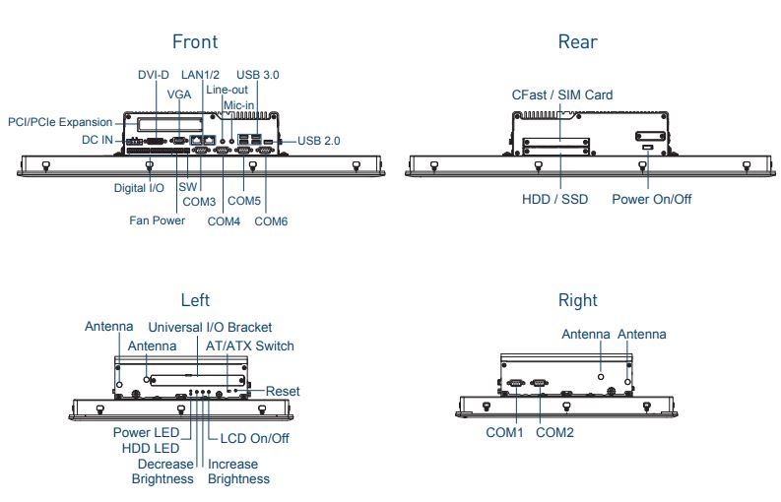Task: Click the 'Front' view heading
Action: [x=195, y=41]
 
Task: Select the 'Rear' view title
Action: [x=577, y=41]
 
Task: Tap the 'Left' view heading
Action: [x=195, y=300]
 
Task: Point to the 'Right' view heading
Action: [x=577, y=300]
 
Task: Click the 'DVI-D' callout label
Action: [x=153, y=75]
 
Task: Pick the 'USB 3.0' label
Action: [x=258, y=75]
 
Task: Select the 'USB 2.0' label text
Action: [x=318, y=141]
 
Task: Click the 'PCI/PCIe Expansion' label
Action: [x=60, y=122]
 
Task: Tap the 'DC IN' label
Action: [x=98, y=141]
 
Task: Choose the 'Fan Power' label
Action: [x=158, y=220]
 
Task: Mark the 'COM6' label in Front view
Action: [x=271, y=221]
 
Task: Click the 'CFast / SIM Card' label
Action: [x=561, y=95]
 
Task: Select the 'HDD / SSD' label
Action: [x=554, y=200]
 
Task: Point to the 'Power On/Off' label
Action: [x=651, y=200]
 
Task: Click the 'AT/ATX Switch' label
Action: [x=249, y=345]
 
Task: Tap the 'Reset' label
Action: [x=283, y=392]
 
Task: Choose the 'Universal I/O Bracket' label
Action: [x=210, y=327]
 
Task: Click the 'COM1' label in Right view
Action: [x=504, y=432]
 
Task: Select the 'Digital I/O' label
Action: [x=139, y=187]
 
